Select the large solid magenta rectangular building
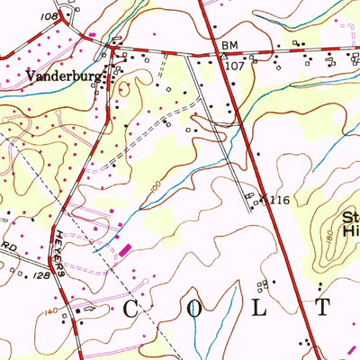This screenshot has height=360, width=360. (x=124, y=247)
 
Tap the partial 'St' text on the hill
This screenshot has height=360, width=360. (x=350, y=217)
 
